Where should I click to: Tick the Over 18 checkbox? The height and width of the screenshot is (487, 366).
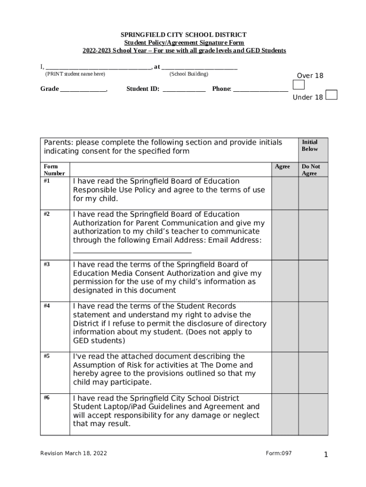click(x=299, y=85)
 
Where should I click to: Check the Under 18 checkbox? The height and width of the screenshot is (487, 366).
click(x=332, y=95)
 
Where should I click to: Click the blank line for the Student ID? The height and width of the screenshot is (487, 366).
click(x=184, y=89)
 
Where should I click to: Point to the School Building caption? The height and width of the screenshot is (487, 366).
click(x=189, y=74)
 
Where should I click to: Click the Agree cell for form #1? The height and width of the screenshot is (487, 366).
click(x=285, y=193)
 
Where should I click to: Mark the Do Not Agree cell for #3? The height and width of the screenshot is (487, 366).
click(x=313, y=281)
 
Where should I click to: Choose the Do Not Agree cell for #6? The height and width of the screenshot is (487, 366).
click(x=313, y=414)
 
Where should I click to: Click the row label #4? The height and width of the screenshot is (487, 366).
click(x=47, y=306)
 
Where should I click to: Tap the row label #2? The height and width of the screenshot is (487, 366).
click(x=47, y=214)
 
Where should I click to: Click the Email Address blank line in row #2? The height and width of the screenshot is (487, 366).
click(x=132, y=251)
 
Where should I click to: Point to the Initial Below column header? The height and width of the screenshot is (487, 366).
click(x=310, y=146)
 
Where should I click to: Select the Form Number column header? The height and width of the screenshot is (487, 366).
click(x=51, y=170)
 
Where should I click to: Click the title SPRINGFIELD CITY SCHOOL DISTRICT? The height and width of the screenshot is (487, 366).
click(x=183, y=35)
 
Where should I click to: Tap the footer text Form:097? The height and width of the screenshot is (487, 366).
click(x=279, y=453)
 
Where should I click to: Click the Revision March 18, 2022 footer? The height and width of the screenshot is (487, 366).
click(x=74, y=453)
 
